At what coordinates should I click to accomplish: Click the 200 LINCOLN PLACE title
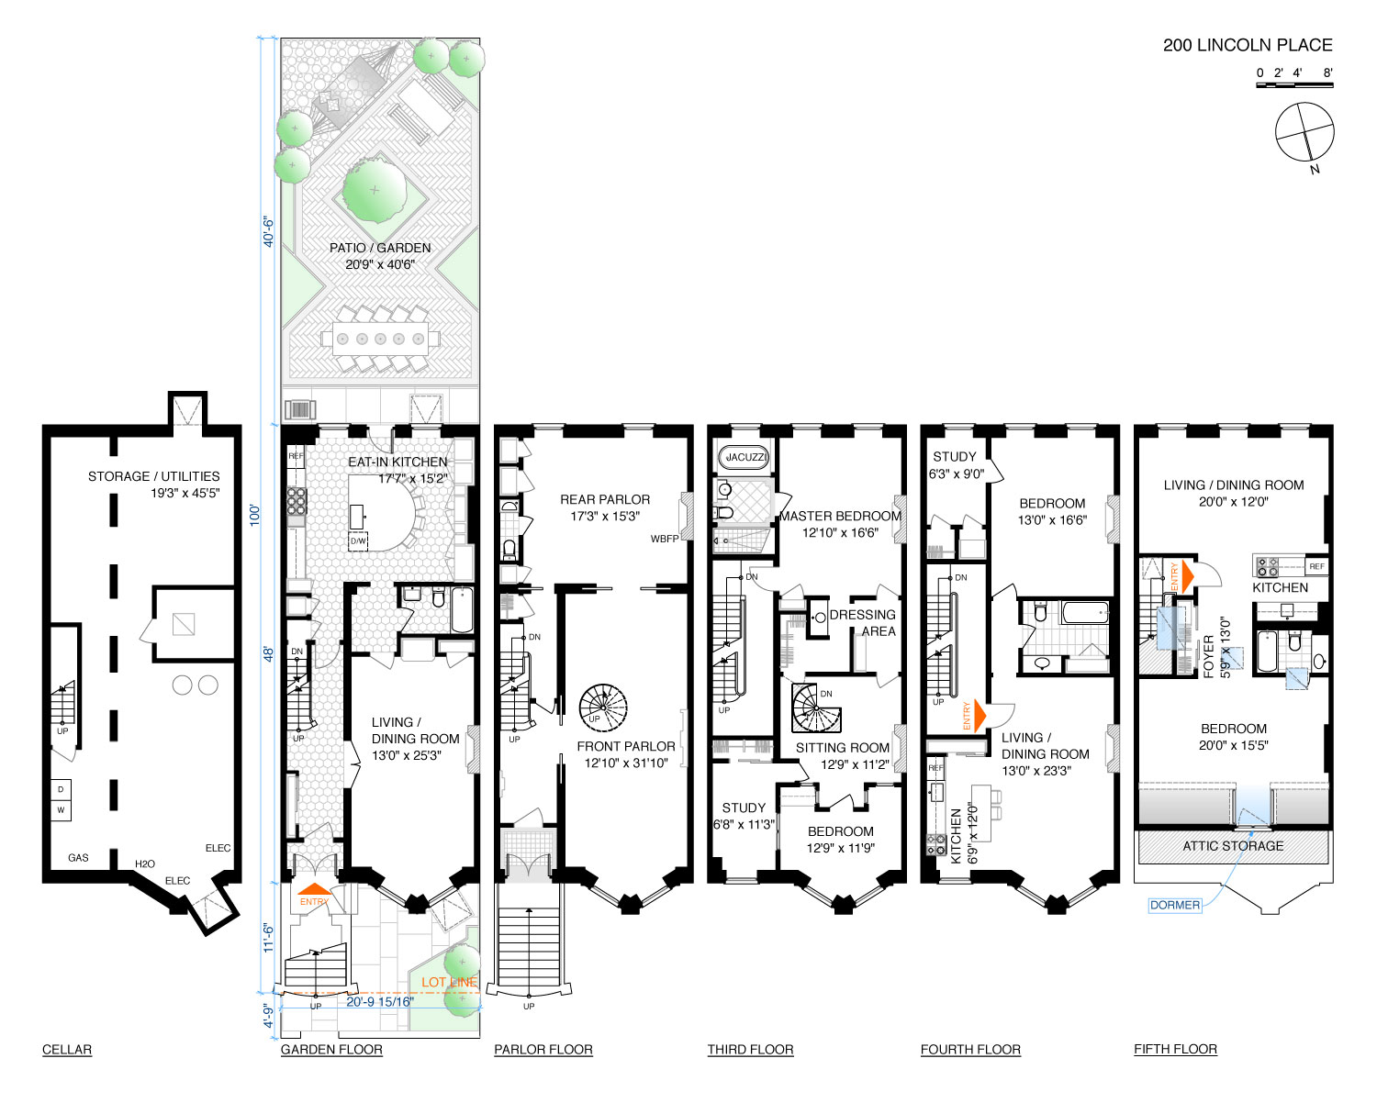1247,45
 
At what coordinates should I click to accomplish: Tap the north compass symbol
1304,132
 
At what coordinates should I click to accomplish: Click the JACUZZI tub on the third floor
744,457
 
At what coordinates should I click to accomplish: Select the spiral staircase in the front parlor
602,708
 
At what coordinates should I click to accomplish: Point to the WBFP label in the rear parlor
665,539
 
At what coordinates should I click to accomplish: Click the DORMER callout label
1174,906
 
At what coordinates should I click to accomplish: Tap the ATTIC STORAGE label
1232,846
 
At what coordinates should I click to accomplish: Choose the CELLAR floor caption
67,1050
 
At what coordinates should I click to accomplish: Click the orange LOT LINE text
449,982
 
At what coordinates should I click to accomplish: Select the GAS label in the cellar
78,857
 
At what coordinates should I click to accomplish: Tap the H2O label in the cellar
145,863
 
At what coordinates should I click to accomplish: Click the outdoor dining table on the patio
380,339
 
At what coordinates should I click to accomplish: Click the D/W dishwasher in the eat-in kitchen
358,540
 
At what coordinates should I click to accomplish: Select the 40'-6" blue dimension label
268,232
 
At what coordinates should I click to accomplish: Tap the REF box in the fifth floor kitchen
1316,566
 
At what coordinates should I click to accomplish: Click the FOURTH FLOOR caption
970,1050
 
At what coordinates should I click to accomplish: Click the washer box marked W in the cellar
61,809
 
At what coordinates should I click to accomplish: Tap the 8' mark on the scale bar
1327,73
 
